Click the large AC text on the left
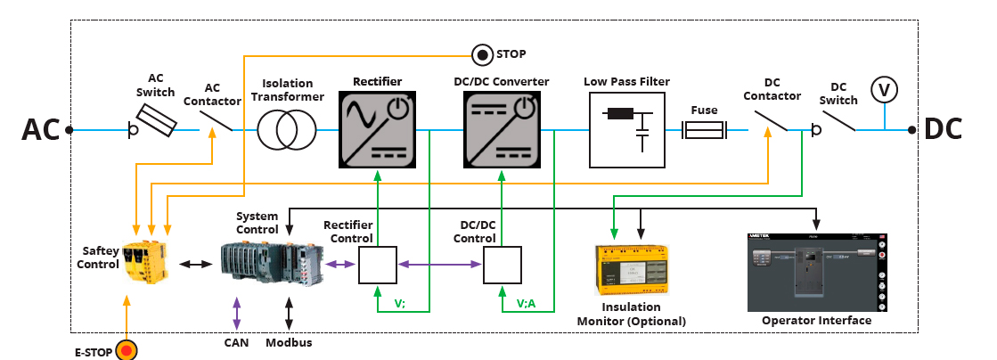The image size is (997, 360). (40, 130)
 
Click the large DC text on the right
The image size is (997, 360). (943, 130)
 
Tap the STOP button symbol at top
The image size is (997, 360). (482, 54)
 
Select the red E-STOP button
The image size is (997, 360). (127, 350)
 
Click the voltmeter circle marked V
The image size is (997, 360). (884, 90)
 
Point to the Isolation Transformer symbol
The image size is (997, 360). (288, 130)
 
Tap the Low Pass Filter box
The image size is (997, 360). (627, 130)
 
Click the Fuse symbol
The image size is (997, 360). (704, 131)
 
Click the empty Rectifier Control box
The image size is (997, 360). (378, 265)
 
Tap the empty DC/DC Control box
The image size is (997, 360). (503, 265)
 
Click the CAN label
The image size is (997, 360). (236, 341)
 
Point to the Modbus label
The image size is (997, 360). (289, 341)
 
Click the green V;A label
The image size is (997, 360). (526, 302)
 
